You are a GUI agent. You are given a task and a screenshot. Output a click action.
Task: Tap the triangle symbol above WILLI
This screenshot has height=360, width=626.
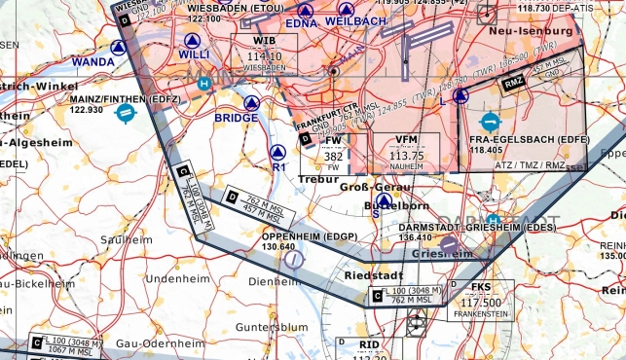192,40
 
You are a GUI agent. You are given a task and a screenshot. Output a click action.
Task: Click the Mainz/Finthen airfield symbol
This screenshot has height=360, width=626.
126,113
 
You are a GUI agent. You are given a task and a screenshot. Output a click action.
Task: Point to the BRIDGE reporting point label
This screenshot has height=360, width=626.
237,119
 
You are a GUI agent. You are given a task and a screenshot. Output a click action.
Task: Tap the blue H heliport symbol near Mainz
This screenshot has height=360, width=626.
204,84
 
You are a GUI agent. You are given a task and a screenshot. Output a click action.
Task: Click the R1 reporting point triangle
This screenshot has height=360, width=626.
278,152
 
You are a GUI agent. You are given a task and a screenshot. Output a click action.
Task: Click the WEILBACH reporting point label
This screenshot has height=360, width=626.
355,20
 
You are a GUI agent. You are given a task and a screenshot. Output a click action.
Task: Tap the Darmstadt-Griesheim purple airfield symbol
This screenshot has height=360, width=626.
447,243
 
